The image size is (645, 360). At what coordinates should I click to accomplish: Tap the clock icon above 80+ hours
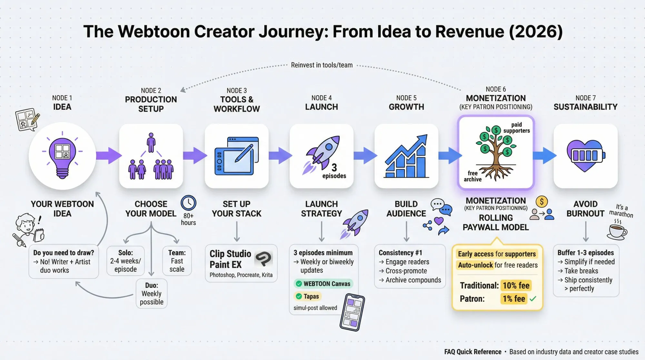188,203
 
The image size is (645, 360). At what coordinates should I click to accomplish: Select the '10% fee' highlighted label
516,285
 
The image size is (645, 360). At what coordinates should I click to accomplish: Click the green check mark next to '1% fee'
533,299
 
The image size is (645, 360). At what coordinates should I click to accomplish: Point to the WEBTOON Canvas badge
323,284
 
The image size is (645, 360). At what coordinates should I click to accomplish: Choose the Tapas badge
307,296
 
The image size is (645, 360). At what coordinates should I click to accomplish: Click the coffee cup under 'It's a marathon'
617,231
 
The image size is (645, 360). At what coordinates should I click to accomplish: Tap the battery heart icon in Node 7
585,155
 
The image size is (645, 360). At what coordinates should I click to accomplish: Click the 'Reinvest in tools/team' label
322,65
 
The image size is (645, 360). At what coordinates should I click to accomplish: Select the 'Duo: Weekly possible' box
152,294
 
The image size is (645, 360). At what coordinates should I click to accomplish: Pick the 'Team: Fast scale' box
177,261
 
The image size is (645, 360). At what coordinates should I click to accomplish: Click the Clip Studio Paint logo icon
264,258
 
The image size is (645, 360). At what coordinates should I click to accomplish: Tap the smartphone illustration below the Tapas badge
352,312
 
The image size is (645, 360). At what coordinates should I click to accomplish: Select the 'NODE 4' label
321,98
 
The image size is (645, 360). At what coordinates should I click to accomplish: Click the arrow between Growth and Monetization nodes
450,155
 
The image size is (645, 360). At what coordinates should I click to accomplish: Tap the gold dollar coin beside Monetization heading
541,202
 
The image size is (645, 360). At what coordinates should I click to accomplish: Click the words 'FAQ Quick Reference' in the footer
472,352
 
